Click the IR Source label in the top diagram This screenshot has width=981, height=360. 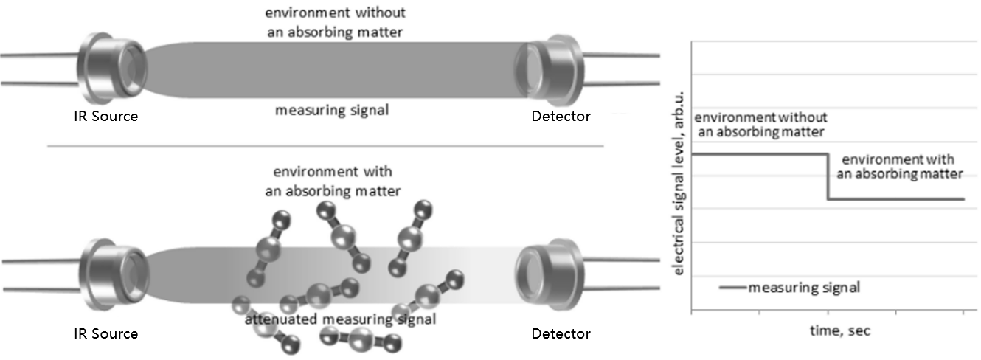[106, 116]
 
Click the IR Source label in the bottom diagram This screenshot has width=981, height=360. [106, 333]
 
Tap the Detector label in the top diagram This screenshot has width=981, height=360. [561, 116]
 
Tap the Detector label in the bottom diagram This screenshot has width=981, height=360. [561, 333]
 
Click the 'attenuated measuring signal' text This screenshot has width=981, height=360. [340, 319]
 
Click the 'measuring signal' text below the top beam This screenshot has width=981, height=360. [331, 111]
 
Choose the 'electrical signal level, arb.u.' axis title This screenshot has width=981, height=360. [679, 193]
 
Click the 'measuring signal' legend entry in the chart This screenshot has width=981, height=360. [803, 288]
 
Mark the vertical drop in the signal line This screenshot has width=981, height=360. [828, 177]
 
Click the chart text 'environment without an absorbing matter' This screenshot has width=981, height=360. [760, 125]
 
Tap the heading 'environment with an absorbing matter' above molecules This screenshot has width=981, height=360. [333, 181]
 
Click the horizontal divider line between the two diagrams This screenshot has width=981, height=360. [325, 146]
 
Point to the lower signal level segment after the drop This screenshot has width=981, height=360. [896, 199]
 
